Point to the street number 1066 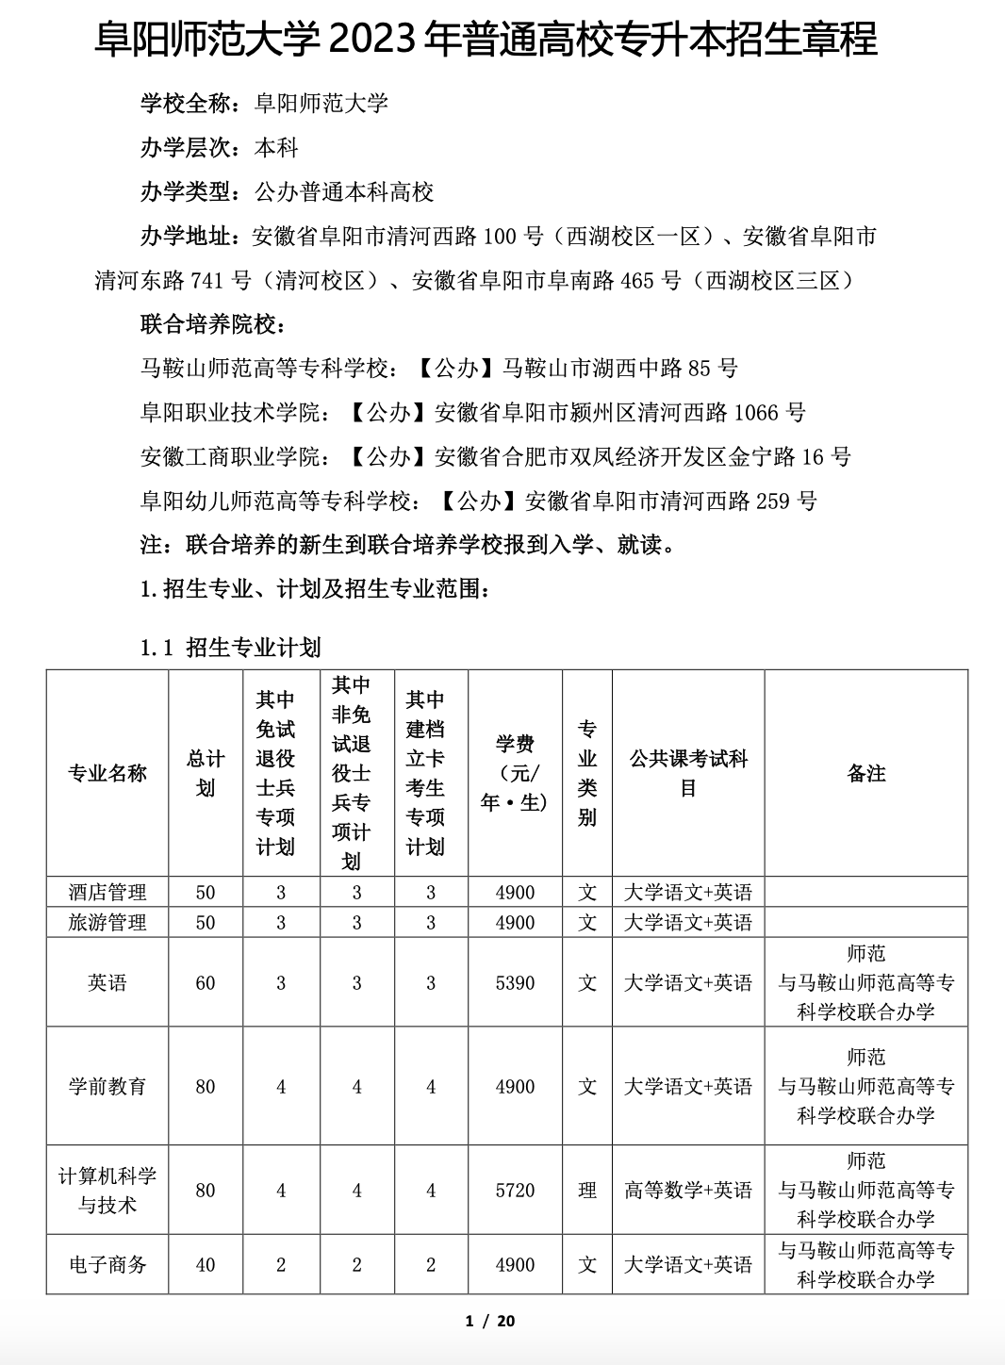pyautogui.click(x=756, y=412)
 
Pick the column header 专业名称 pyautogui.click(x=107, y=773)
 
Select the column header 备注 pyautogui.click(x=865, y=773)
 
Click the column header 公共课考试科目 pyautogui.click(x=688, y=773)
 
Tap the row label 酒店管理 pyautogui.click(x=107, y=892)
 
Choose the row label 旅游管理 pyautogui.click(x=107, y=922)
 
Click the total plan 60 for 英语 pyautogui.click(x=206, y=982)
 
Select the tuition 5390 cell pyautogui.click(x=515, y=982)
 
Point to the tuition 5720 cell pyautogui.click(x=515, y=1190)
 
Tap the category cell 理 pyautogui.click(x=587, y=1190)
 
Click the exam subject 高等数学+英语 pyautogui.click(x=688, y=1190)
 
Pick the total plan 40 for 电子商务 pyautogui.click(x=206, y=1264)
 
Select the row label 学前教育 pyautogui.click(x=107, y=1086)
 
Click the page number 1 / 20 pyautogui.click(x=490, y=1321)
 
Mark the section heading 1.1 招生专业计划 pyautogui.click(x=231, y=648)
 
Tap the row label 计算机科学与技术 pyautogui.click(x=107, y=1190)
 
